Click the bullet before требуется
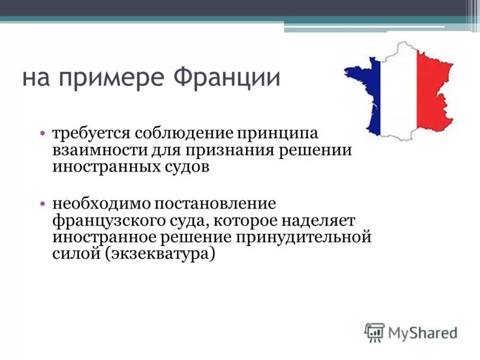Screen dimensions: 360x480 [44, 132]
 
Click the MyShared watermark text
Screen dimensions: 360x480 [422, 331]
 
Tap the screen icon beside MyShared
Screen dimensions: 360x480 [374, 332]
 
